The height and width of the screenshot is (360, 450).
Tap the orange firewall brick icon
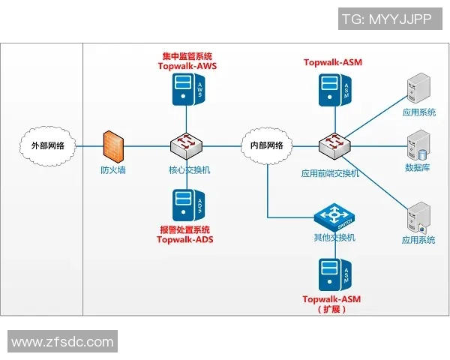[113, 144]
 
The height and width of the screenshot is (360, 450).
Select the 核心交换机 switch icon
[185, 145]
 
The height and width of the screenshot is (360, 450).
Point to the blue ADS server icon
[185, 202]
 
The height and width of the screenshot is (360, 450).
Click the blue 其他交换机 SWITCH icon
[332, 217]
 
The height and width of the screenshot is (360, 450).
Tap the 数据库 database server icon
[416, 143]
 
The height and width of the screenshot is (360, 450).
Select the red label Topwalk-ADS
[185, 239]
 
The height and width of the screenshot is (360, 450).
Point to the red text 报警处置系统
[185, 229]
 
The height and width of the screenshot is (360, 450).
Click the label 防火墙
[113, 170]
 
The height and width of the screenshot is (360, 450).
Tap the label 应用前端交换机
[331, 173]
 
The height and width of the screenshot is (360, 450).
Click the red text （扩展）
[331, 309]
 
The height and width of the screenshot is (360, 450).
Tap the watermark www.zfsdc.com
[62, 342]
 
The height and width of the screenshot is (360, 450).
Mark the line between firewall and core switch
[147, 145]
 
